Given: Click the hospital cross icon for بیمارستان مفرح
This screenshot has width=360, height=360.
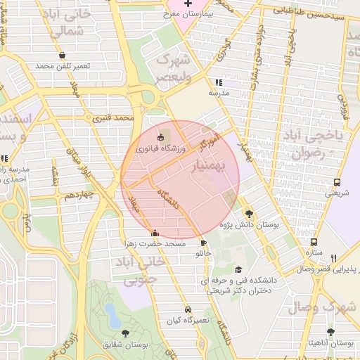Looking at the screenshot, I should point(188,4).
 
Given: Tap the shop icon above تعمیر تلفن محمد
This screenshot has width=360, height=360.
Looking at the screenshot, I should point(63,55).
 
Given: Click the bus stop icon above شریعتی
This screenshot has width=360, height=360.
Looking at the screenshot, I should point(337,181).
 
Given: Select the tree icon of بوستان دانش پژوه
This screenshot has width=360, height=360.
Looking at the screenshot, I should point(249,213).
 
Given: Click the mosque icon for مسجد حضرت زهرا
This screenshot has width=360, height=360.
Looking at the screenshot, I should point(155,233).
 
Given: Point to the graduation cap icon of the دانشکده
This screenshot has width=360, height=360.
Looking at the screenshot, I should point(238,269).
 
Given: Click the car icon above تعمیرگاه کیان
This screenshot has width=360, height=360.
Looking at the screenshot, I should point(188,309).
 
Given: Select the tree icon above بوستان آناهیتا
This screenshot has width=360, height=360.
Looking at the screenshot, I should point(331,332).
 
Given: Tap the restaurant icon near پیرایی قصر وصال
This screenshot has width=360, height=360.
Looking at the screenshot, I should point(334,258).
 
